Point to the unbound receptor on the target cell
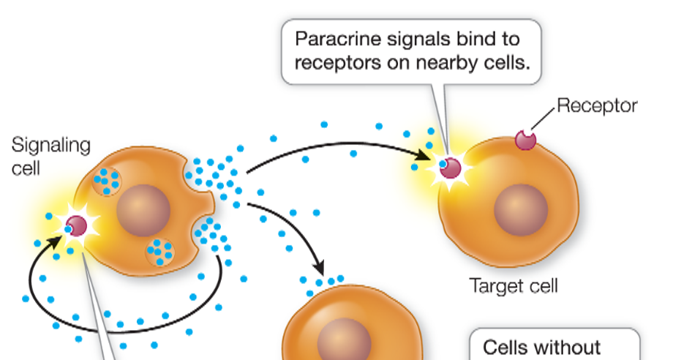[525, 139]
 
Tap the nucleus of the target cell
[520, 209]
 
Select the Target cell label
[514, 285]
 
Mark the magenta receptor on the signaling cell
[75, 225]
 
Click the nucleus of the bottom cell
[344, 340]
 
